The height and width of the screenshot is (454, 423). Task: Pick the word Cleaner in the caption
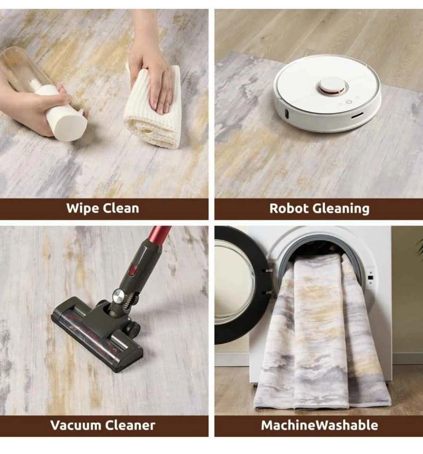(x=130, y=425)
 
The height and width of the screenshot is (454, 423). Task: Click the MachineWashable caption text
(x=319, y=425)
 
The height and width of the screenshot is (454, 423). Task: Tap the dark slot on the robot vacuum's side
(x=358, y=116)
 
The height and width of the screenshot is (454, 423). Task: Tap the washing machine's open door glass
(x=234, y=284)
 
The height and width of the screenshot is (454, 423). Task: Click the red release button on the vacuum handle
(x=132, y=271)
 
